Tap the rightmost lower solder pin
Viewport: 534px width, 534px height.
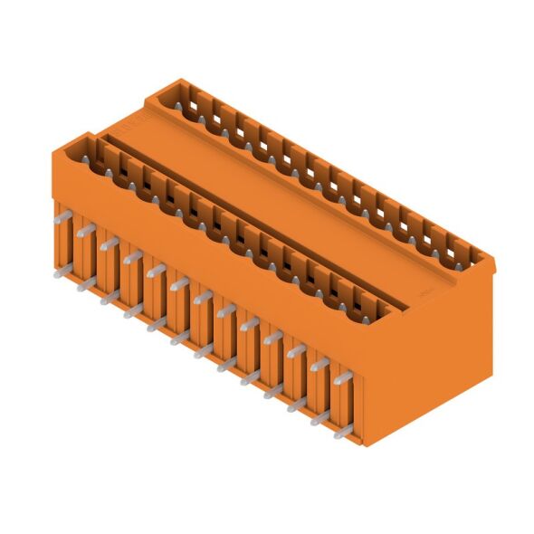(340, 433)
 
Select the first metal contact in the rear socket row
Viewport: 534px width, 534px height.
(194, 107)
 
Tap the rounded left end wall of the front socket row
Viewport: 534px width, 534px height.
(74, 145)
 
